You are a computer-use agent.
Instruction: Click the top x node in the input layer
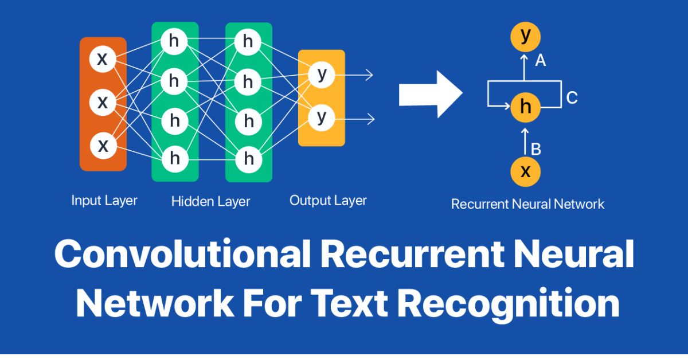[102, 60]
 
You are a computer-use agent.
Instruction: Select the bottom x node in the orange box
[103, 146]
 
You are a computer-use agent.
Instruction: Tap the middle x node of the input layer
[103, 103]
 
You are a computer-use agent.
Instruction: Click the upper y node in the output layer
[322, 75]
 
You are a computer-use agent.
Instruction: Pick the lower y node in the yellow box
[322, 118]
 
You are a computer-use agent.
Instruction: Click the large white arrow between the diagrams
[430, 94]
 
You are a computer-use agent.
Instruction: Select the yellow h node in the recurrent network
[525, 107]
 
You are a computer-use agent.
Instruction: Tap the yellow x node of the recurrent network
[525, 171]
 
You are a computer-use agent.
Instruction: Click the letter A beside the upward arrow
[540, 60]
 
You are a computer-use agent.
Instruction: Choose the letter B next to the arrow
[536, 150]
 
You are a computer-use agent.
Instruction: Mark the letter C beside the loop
[572, 98]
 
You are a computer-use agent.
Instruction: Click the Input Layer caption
[104, 201]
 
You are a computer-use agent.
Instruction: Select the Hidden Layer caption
[210, 201]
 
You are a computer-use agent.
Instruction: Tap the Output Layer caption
[328, 201]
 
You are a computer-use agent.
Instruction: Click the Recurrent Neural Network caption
[527, 204]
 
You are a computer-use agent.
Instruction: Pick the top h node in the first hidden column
[174, 41]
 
